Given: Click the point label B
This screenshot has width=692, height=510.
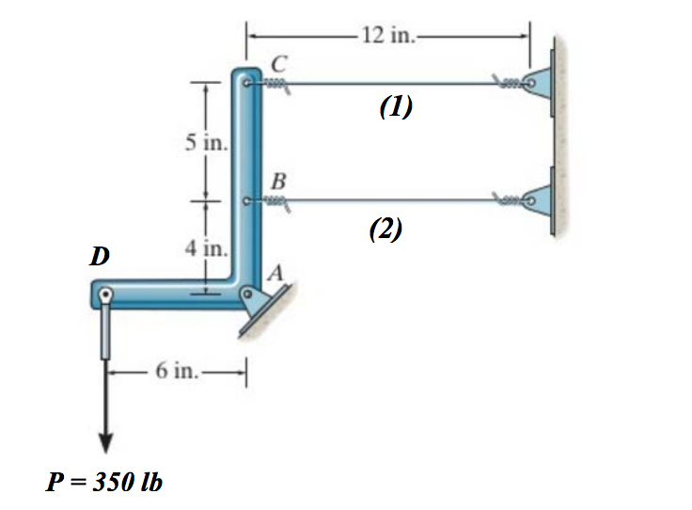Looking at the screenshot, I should click(x=278, y=180).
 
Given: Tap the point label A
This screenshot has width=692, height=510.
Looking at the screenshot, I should click(x=275, y=272).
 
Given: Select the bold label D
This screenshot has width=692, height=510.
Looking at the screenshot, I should click(x=98, y=255).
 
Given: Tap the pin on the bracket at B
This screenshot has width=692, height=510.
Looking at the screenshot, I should click(x=246, y=200).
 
